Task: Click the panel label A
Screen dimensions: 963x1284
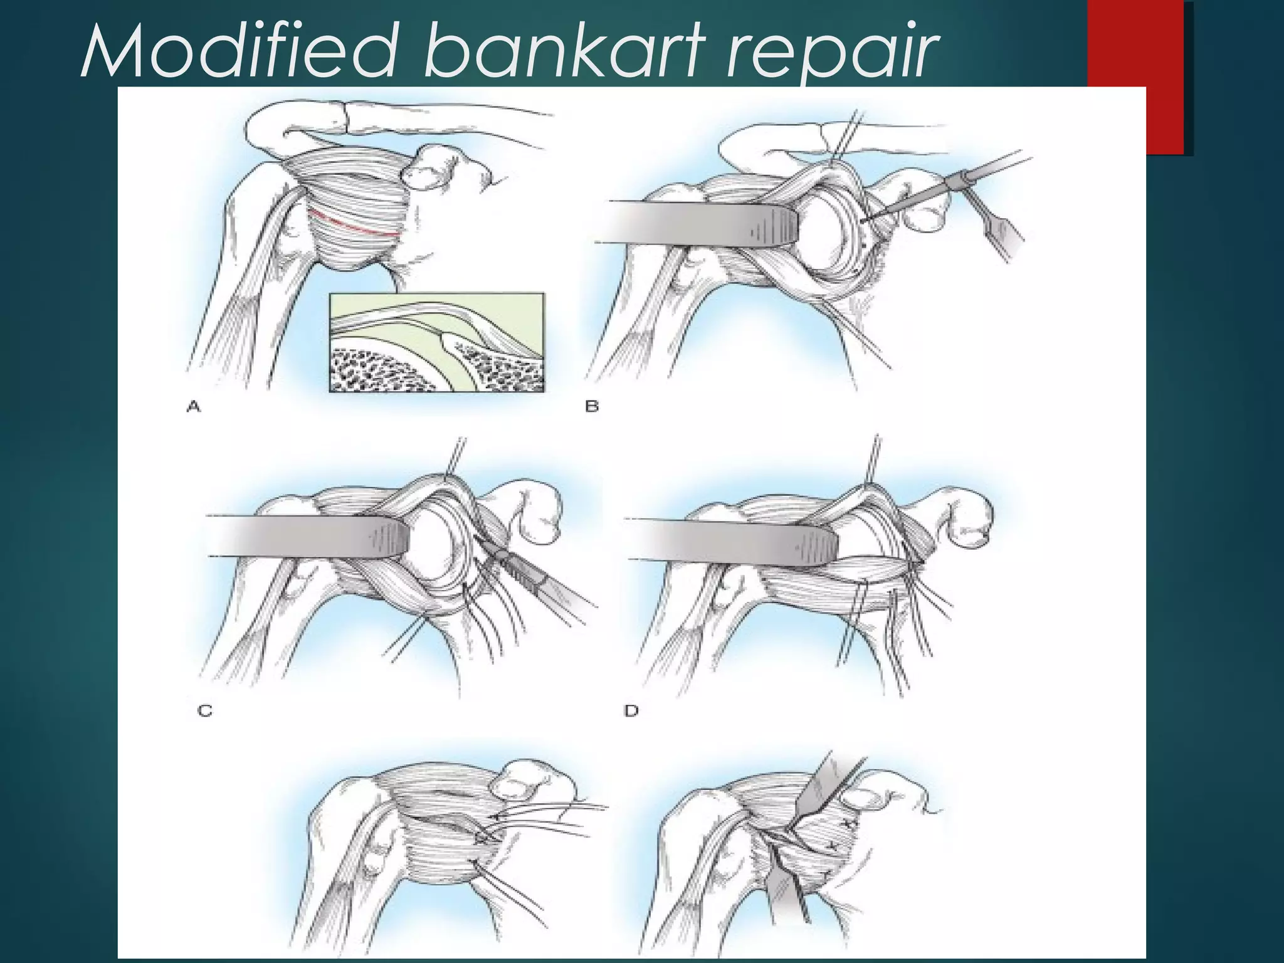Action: (x=194, y=408)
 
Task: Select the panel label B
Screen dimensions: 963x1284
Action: (x=592, y=407)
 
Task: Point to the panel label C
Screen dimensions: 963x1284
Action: (x=205, y=711)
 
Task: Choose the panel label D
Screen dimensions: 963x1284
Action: (x=631, y=711)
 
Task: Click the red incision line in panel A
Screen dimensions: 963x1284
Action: (x=354, y=224)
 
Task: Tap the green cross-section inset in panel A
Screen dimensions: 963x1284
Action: (x=437, y=342)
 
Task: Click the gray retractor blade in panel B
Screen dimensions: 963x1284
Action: (x=696, y=223)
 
